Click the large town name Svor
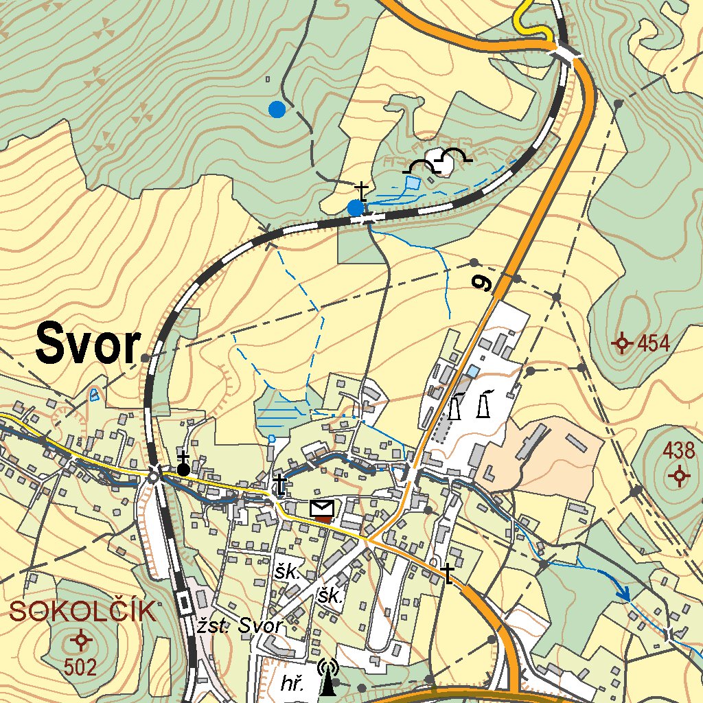click(88, 345)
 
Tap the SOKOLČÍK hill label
click(83, 611)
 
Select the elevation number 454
click(653, 343)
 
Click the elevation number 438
click(679, 451)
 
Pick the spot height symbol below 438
click(680, 475)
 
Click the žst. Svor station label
click(239, 626)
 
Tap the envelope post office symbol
click(322, 509)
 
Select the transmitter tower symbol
click(329, 676)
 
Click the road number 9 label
click(485, 282)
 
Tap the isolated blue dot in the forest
click(277, 109)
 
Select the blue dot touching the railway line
click(355, 207)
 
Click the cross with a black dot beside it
click(183, 465)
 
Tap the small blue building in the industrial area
click(473, 371)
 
